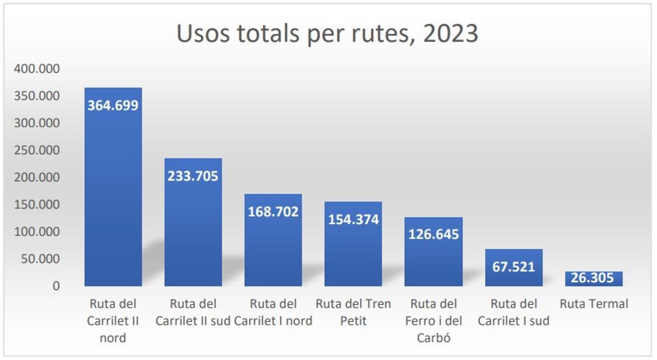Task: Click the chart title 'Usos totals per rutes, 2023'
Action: pyautogui.click(x=327, y=34)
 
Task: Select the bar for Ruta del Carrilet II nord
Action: pyautogui.click(x=113, y=191)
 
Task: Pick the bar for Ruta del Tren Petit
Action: pyautogui.click(x=353, y=252)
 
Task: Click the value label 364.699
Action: pyautogui.click(x=113, y=105)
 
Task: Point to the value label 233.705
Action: pyautogui.click(x=193, y=176)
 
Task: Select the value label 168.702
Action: pyautogui.click(x=273, y=211)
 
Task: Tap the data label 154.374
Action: pyautogui.click(x=353, y=219)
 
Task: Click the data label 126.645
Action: pyautogui.click(x=434, y=235)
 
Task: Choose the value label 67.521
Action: pyautogui.click(x=514, y=267)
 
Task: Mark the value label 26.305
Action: pyautogui.click(x=593, y=278)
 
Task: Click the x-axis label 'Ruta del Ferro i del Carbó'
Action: pyautogui.click(x=434, y=321)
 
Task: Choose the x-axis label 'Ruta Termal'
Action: pyautogui.click(x=593, y=304)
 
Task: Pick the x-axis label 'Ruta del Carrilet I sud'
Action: pyautogui.click(x=514, y=312)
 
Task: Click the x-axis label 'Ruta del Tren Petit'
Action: pyautogui.click(x=353, y=312)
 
